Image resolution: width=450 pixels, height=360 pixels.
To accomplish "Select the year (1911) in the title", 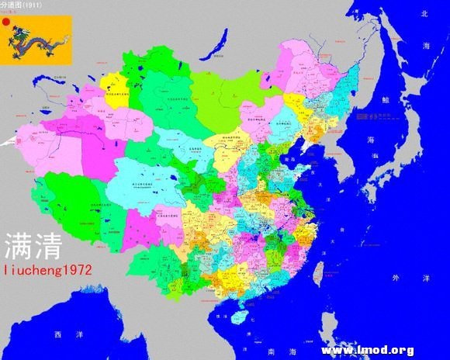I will point(33,5).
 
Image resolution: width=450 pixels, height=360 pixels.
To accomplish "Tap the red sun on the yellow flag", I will point(6,22).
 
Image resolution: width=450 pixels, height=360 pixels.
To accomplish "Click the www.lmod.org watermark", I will point(367,350).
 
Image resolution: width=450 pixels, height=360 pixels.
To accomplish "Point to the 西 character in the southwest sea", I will point(57,335).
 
